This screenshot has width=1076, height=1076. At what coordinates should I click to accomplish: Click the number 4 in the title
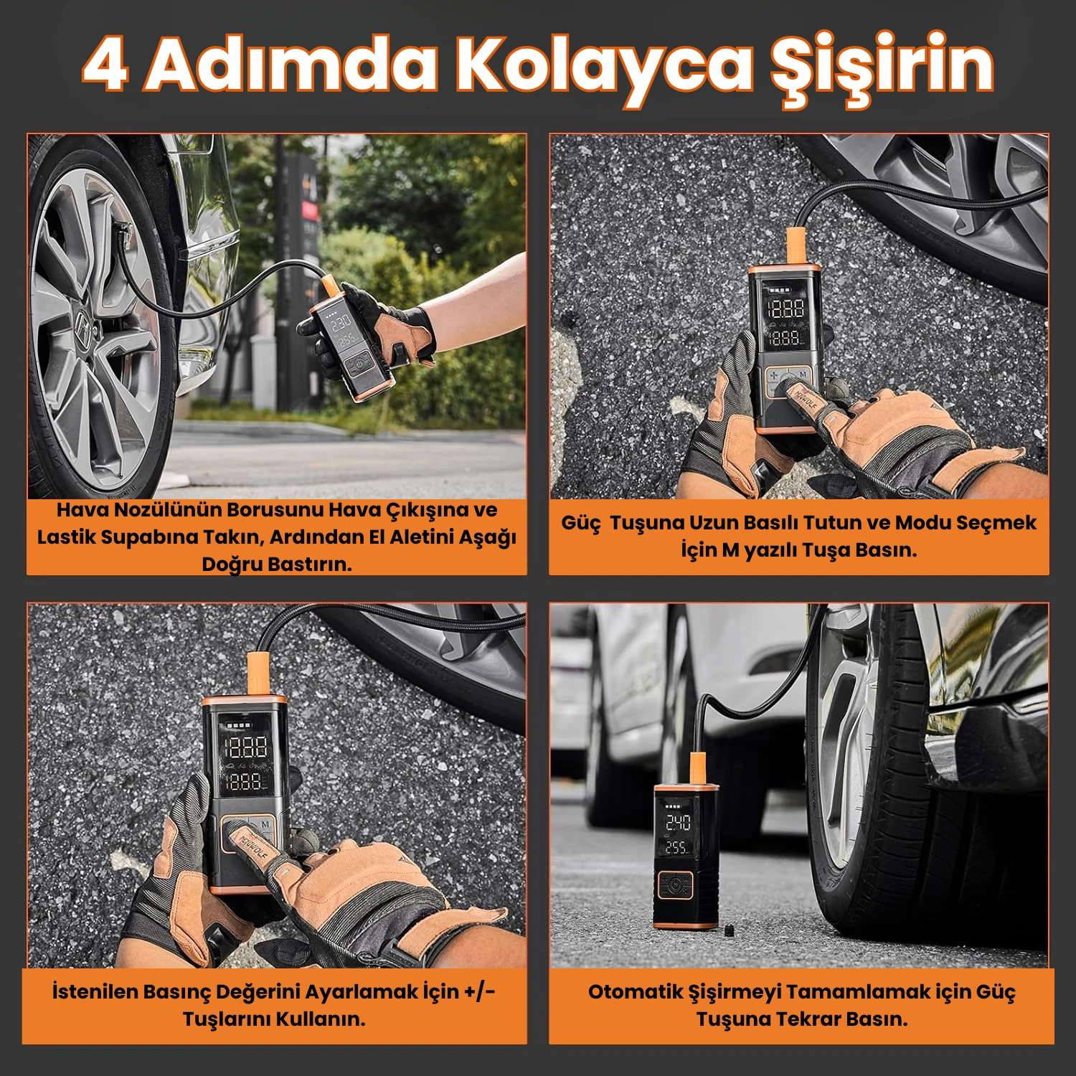[x=106, y=66]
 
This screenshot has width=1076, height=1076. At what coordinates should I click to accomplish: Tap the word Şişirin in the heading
[x=882, y=66]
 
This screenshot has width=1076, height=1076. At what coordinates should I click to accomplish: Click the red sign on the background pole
[x=309, y=211]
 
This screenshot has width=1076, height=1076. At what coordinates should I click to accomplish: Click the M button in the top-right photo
[x=803, y=374]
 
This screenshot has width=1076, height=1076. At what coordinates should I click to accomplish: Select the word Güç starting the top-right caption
[x=580, y=523]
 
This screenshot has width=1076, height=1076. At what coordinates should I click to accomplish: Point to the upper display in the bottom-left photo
[x=246, y=747]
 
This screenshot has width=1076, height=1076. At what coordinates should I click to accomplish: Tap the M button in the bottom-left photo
[x=265, y=825]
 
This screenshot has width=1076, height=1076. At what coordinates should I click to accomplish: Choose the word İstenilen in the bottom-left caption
[x=95, y=992]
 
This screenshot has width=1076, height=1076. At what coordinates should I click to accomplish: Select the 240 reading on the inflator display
[x=678, y=822]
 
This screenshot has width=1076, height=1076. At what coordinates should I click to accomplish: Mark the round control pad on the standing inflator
[x=675, y=885]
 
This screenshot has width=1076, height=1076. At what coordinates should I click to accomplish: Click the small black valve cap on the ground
[x=727, y=930]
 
